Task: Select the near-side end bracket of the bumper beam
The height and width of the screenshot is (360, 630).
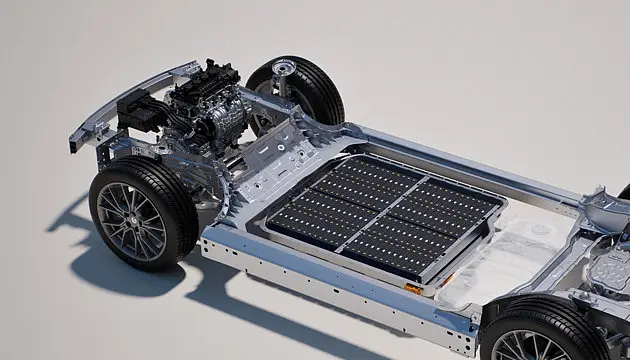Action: [77, 141]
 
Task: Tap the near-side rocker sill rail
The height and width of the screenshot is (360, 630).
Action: [330, 290]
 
